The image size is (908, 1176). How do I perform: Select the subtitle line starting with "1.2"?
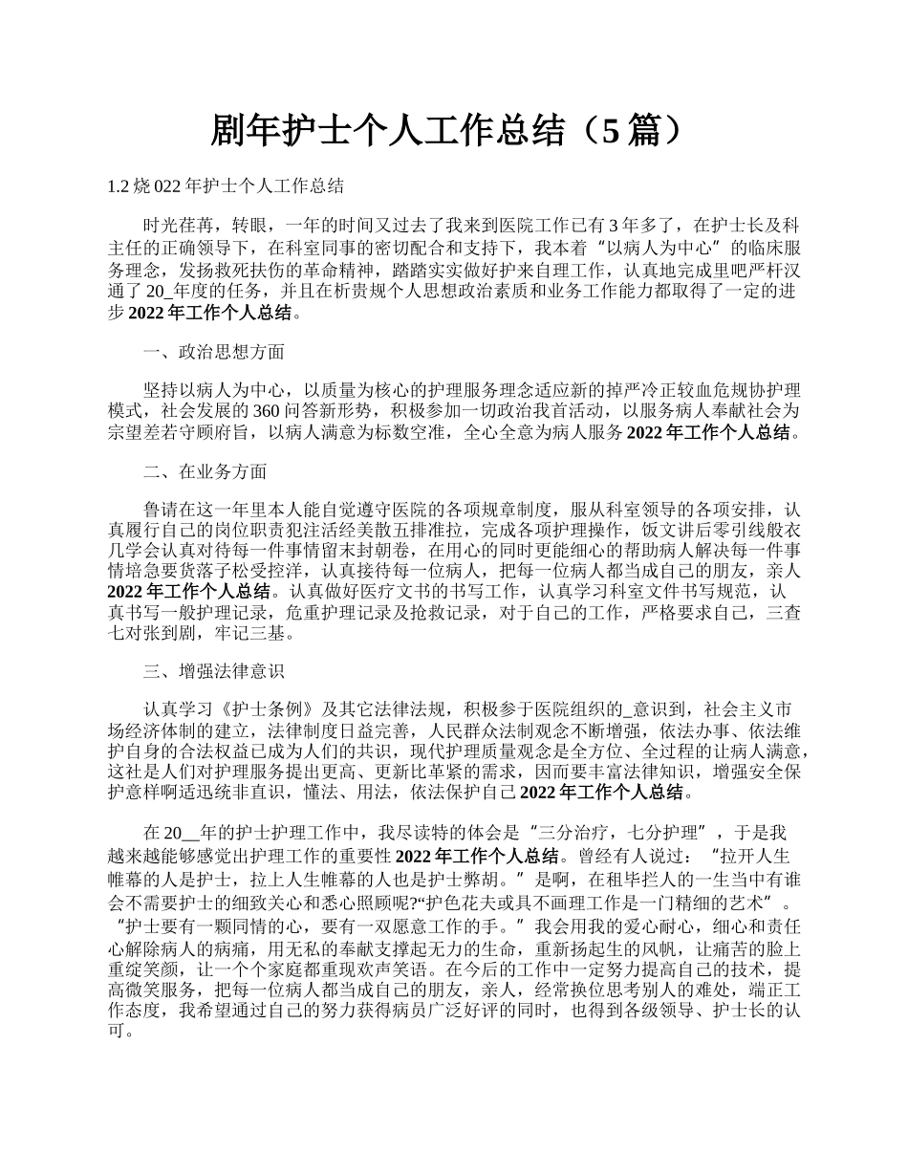pyautogui.click(x=227, y=185)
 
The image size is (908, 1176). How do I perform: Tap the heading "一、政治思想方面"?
pyautogui.click(x=213, y=352)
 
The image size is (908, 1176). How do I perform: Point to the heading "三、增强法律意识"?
pyautogui.click(x=213, y=670)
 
